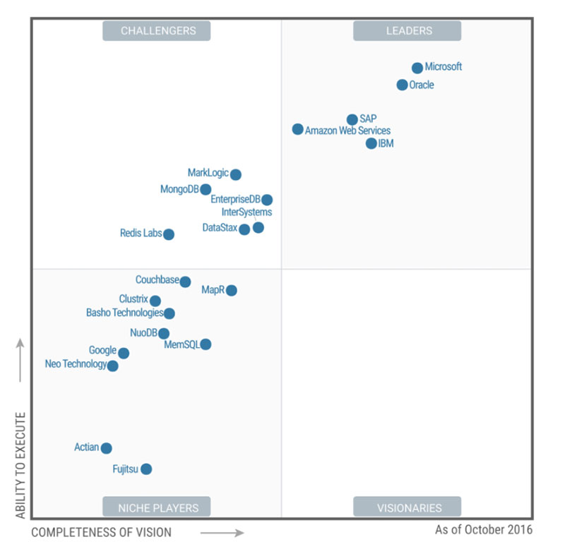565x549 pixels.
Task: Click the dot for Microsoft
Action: coord(417,68)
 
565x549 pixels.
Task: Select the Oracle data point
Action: coord(402,85)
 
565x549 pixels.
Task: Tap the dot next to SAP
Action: coord(352,119)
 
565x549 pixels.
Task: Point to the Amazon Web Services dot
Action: coord(298,129)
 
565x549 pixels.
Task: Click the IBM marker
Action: coord(371,143)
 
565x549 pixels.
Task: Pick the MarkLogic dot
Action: coord(236,174)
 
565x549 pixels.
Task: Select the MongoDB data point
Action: coord(206,189)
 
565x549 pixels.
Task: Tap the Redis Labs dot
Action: coord(169,234)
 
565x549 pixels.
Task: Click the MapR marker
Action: coord(231,290)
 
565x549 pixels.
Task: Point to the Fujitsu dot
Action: coord(146,469)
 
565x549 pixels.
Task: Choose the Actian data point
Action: coord(106,448)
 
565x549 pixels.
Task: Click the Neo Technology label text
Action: coord(76,364)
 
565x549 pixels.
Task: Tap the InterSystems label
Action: coord(246,212)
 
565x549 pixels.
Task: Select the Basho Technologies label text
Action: coord(124,313)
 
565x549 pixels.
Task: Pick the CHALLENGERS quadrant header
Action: coord(157,30)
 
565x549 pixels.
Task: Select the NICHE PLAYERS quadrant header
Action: coord(157,507)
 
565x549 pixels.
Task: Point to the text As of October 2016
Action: coord(484,529)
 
